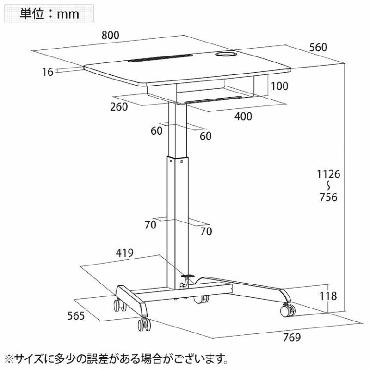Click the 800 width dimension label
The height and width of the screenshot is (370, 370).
click(x=111, y=36)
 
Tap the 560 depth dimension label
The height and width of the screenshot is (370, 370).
click(x=318, y=48)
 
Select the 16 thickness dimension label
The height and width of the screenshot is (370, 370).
click(x=48, y=72)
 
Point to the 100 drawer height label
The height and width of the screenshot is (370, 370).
click(x=279, y=86)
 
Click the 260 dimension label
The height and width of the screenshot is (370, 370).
click(x=119, y=107)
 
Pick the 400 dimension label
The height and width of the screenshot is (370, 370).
click(x=243, y=117)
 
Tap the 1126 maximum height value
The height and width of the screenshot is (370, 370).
click(x=328, y=174)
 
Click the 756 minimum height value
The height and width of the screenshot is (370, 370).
click(x=328, y=197)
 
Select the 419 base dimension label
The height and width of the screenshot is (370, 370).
click(x=124, y=253)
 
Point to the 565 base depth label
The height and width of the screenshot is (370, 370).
click(x=76, y=316)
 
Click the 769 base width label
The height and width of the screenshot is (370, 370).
click(x=292, y=338)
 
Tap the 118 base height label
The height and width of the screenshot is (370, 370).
click(x=328, y=296)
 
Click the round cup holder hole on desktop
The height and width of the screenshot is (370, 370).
click(x=225, y=54)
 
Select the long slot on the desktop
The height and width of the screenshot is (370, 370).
click(x=160, y=58)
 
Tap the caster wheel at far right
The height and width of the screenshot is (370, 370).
click(x=288, y=310)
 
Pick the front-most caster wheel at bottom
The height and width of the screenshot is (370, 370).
click(x=144, y=324)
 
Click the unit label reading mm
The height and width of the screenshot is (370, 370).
click(x=68, y=14)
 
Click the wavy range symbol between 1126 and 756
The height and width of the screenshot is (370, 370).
click(x=328, y=185)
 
